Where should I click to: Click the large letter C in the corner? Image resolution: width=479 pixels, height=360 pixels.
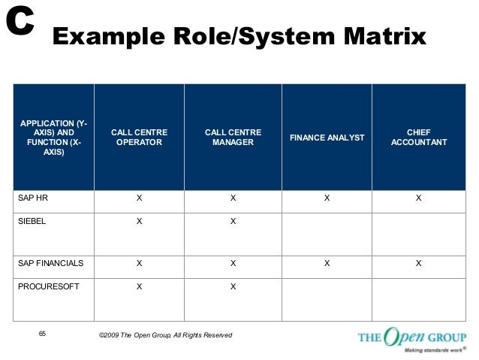click(20, 23)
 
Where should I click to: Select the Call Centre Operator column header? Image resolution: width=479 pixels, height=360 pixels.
click(139, 137)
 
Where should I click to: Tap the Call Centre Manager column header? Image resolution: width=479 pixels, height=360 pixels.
click(233, 137)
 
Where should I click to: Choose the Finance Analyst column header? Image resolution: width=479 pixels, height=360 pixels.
click(327, 138)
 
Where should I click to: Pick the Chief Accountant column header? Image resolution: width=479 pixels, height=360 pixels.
click(419, 137)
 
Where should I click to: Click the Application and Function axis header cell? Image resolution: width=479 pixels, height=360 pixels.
click(53, 137)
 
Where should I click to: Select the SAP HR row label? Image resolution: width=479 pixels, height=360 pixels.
click(33, 199)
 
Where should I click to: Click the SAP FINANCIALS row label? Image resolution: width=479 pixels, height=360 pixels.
click(50, 263)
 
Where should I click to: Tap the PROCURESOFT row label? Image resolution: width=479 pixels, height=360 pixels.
click(43, 286)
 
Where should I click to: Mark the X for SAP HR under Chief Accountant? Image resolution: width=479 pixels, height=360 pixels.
click(419, 199)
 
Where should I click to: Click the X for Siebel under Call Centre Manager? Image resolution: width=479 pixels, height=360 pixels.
click(233, 222)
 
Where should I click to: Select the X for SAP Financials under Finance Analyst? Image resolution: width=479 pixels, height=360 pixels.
click(327, 263)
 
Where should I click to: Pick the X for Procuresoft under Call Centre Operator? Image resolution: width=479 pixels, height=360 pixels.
click(139, 286)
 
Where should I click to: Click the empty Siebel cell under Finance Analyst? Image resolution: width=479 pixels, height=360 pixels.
click(327, 233)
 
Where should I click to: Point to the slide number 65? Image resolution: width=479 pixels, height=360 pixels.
click(42, 333)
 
